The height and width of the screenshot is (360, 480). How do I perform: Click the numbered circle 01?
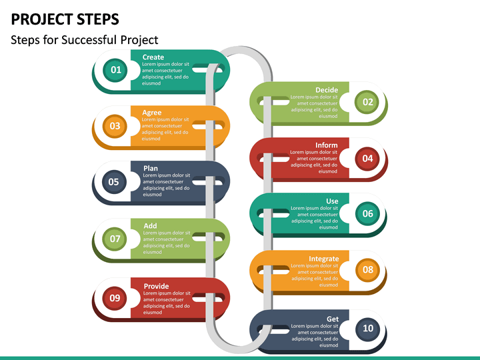(x=115, y=69)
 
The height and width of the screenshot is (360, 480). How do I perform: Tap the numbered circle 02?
(x=368, y=102)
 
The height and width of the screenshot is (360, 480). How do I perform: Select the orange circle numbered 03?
(x=115, y=125)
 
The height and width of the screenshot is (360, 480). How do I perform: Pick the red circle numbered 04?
(x=368, y=158)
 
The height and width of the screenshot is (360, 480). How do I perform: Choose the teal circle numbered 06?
(x=368, y=214)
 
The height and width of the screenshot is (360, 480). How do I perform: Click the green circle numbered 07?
(x=115, y=238)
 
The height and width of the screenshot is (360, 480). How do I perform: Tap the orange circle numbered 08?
(x=368, y=270)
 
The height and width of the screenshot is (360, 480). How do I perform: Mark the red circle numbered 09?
(x=115, y=298)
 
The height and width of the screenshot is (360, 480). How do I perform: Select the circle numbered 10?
(x=368, y=328)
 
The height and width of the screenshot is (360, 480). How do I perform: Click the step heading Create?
(x=153, y=57)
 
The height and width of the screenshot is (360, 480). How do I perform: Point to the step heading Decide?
(x=327, y=90)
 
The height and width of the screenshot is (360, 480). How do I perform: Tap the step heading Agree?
(x=152, y=113)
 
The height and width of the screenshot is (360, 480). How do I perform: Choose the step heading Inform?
(x=327, y=145)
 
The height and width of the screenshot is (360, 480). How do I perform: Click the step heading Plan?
(x=151, y=169)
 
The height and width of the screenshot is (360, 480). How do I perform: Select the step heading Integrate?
(x=323, y=259)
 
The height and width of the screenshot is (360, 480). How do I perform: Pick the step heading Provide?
(x=156, y=286)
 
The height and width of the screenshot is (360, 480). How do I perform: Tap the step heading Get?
(x=332, y=319)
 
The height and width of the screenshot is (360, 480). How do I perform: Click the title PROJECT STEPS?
(x=65, y=18)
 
